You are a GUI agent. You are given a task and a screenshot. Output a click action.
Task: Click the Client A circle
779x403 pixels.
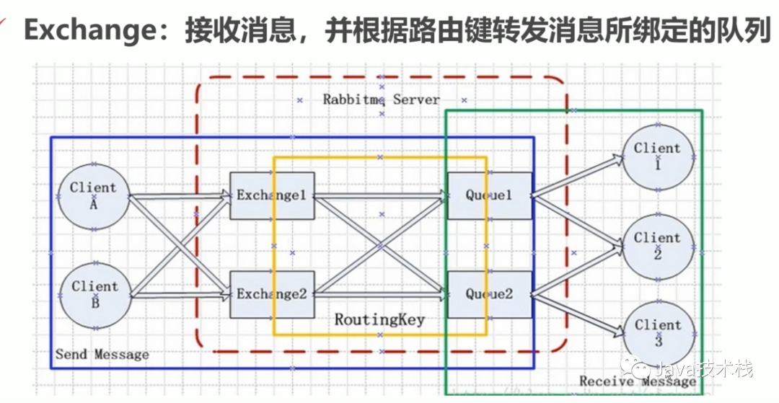(x=94, y=196)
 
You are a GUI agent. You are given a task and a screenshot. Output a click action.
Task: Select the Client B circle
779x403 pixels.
(x=94, y=294)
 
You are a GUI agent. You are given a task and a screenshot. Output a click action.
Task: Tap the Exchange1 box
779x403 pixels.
(x=272, y=195)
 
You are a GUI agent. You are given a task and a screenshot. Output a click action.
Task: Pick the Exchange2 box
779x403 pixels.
(x=272, y=294)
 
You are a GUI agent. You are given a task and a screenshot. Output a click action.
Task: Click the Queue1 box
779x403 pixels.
(x=489, y=195)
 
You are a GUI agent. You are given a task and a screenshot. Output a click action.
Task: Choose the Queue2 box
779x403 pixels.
(x=489, y=294)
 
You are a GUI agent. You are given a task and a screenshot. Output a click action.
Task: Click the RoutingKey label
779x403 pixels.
(x=379, y=319)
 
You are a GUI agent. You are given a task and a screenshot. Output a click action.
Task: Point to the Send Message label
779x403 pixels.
(x=102, y=355)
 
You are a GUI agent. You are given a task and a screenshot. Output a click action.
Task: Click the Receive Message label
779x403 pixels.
(x=638, y=381)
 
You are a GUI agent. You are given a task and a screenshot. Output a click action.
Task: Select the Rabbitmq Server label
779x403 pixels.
(x=381, y=99)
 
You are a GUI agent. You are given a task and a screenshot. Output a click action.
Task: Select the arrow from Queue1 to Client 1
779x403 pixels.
(x=577, y=174)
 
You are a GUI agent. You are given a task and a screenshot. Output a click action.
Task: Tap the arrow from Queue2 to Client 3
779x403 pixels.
(x=577, y=314)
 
